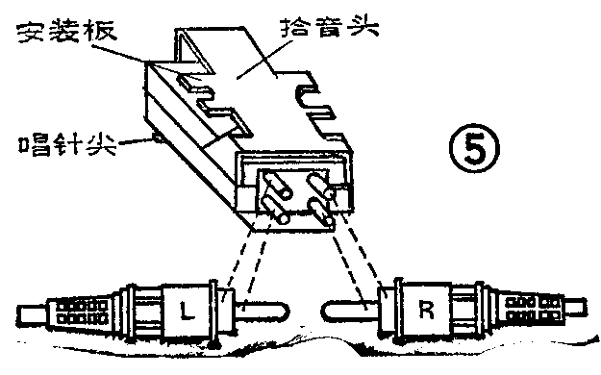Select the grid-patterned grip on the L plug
click(x=78, y=312)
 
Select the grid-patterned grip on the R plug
click(x=530, y=312)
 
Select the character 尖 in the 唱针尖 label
click(x=94, y=147)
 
